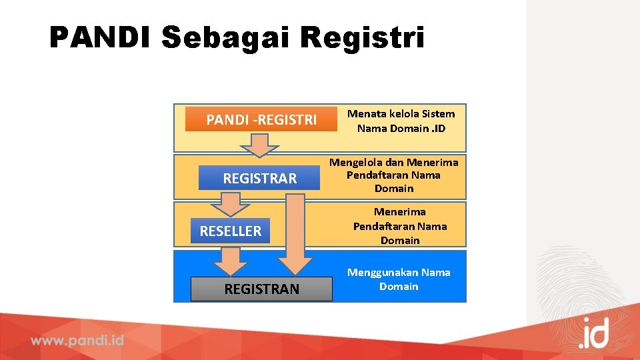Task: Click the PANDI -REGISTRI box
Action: (261, 120)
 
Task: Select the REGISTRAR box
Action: (259, 178)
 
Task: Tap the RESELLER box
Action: (230, 231)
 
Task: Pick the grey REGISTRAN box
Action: (261, 289)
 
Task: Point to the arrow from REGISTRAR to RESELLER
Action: (230, 203)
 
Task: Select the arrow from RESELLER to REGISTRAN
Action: (230, 261)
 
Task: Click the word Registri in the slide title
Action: (362, 38)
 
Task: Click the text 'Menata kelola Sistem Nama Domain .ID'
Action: (401, 121)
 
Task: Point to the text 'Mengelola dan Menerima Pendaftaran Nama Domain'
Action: (394, 175)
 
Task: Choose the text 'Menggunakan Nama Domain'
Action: (399, 279)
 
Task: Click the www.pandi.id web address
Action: (77, 341)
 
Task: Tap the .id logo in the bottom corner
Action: (593, 333)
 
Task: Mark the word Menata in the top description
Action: (364, 113)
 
